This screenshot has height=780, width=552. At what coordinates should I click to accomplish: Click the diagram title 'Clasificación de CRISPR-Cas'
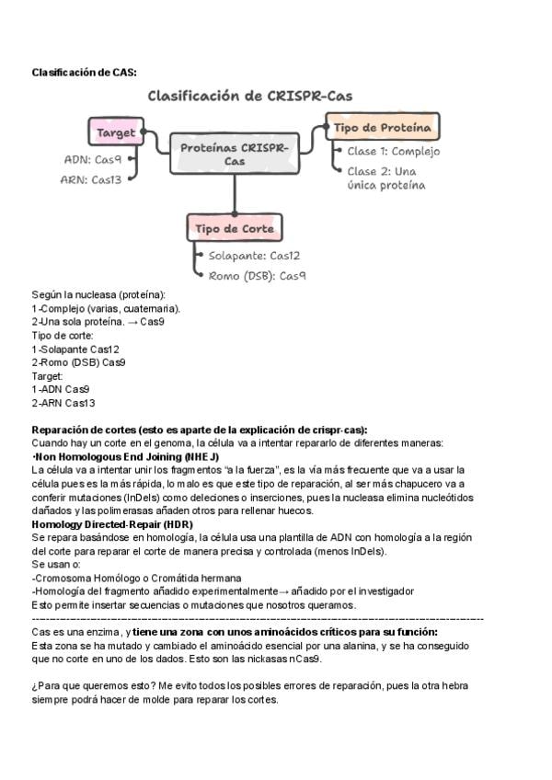(249, 96)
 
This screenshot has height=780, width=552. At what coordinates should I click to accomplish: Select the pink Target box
(116, 132)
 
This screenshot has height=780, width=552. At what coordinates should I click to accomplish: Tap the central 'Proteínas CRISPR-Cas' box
(234, 154)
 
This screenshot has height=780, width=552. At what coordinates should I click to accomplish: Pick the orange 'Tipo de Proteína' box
(382, 128)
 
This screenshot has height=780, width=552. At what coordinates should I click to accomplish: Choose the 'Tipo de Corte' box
(234, 228)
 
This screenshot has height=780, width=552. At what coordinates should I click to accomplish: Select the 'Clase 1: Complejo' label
(393, 152)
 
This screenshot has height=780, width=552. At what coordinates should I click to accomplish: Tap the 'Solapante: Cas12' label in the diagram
(254, 256)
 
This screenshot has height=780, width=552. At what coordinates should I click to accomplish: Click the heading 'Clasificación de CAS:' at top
(84, 72)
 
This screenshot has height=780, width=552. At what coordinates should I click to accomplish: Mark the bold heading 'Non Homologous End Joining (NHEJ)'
(126, 457)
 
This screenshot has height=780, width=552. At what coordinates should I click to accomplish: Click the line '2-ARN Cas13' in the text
(63, 403)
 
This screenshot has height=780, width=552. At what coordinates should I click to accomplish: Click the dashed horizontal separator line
(258, 619)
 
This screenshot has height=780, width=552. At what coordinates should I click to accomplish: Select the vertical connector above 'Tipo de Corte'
(234, 193)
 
